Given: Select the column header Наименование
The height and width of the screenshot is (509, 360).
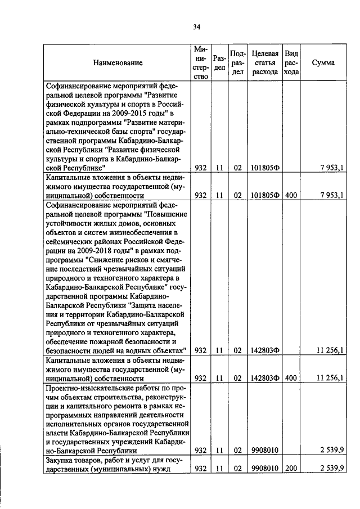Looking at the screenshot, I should click(x=118, y=63).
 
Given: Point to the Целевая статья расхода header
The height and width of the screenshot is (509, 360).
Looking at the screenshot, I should click(x=265, y=62).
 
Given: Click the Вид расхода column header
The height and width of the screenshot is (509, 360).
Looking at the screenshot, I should click(x=291, y=62).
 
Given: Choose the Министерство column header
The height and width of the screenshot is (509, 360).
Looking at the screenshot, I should click(x=200, y=62).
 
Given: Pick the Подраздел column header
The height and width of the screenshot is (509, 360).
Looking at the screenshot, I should click(x=238, y=62).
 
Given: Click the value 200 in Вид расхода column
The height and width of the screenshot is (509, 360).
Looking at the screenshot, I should click(x=291, y=469).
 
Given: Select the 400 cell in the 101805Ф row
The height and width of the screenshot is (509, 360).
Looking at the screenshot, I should click(x=291, y=196).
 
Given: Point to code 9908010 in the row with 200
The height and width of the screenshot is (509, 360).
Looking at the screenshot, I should click(x=265, y=469).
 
